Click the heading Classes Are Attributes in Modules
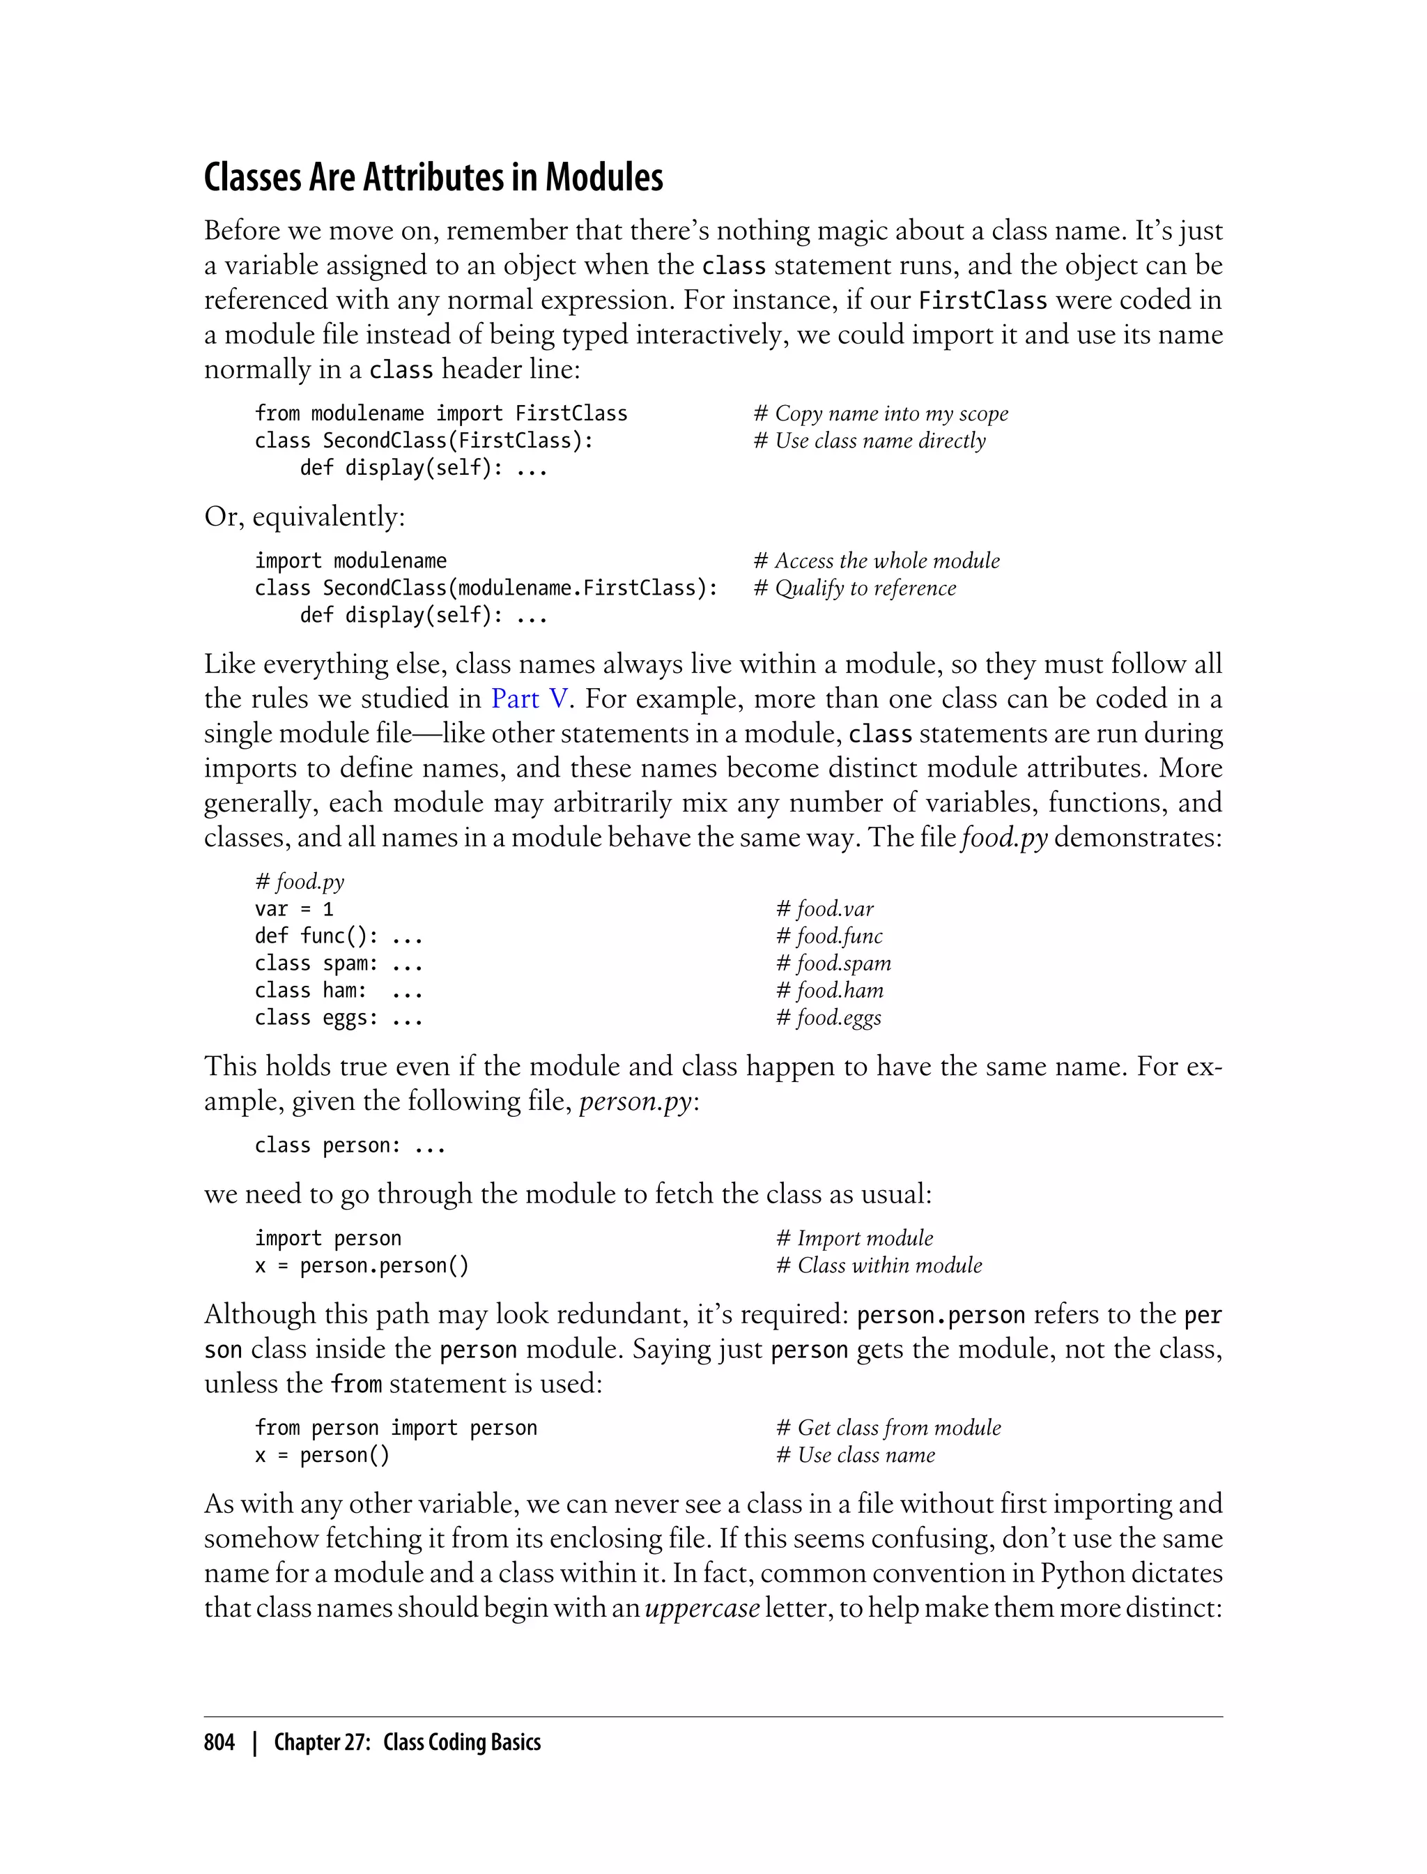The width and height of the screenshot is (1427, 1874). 433,178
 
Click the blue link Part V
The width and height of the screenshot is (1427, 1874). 528,699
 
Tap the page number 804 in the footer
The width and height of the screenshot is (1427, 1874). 219,1742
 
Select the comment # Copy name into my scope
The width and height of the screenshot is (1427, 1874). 880,414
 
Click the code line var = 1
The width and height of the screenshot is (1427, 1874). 294,909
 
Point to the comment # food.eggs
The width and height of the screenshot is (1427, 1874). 828,1018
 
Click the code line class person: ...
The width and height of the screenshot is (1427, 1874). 350,1145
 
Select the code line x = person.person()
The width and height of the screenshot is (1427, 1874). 362,1266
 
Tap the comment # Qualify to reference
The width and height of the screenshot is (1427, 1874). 854,588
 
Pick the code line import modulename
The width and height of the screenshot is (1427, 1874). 350,561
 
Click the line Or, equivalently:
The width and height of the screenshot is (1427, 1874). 304,517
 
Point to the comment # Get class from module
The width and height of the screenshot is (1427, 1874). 888,1428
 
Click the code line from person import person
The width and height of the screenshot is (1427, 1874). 396,1428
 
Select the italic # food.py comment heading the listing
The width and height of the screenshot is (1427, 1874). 299,882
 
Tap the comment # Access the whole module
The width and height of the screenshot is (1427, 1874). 877,561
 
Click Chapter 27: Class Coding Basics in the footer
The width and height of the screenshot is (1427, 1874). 407,1742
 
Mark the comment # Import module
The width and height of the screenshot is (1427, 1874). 854,1239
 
